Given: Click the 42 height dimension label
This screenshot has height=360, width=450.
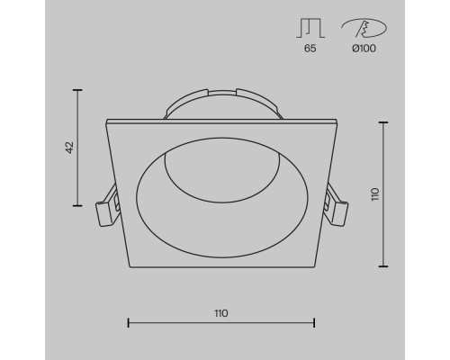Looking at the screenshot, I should [x=69, y=148].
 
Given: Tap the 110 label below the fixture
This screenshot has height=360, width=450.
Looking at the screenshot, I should [x=220, y=313].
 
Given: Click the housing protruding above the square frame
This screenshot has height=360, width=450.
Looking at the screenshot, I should [x=220, y=103].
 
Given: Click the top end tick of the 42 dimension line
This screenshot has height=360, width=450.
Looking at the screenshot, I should [x=77, y=90].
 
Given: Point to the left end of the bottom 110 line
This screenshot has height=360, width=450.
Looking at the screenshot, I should [x=129, y=322].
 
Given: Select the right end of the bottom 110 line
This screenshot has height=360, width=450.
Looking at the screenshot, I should [x=313, y=322].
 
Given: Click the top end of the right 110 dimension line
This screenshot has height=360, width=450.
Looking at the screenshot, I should [x=386, y=120].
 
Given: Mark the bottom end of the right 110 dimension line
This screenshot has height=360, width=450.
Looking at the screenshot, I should [x=386, y=266].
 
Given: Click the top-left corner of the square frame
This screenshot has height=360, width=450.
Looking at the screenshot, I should [x=107, y=120].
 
